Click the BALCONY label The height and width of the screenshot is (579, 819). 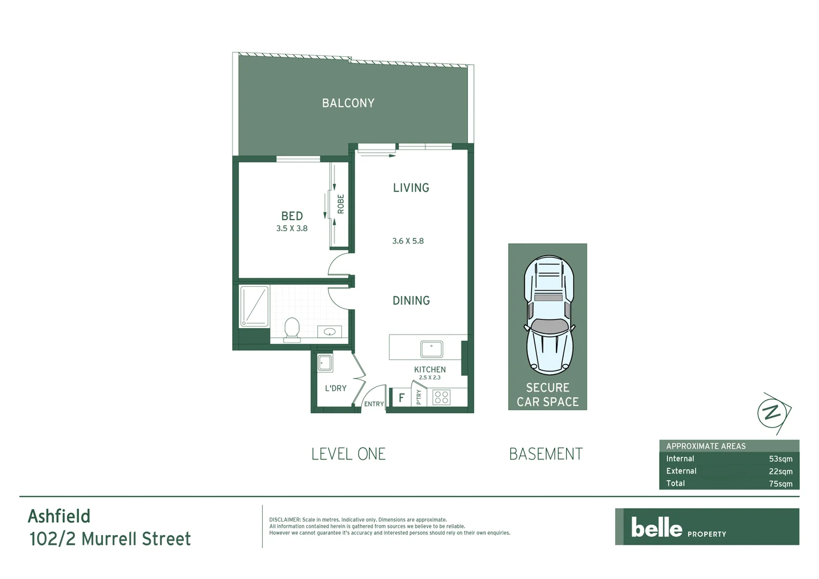click(x=348, y=103)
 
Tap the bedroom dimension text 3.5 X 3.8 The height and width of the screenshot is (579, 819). click(x=292, y=228)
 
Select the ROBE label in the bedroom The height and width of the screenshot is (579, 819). click(x=341, y=204)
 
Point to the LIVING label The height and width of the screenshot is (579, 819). click(x=411, y=188)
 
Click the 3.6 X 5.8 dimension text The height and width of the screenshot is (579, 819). click(x=408, y=241)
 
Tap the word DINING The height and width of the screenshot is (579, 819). click(x=411, y=301)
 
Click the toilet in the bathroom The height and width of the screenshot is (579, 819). click(x=292, y=328)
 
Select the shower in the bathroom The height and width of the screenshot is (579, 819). click(x=254, y=306)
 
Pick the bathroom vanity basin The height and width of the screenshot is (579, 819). click(x=329, y=332)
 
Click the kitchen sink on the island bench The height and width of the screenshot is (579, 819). click(x=431, y=348)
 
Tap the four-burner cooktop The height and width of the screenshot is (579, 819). click(x=442, y=397)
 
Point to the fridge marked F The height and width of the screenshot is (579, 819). click(x=401, y=398)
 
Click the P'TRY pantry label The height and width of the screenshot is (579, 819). click(x=419, y=397)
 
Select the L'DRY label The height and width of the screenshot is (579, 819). click(x=336, y=388)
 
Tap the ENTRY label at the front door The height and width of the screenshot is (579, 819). click(x=374, y=404)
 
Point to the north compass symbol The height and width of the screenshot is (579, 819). click(x=772, y=413)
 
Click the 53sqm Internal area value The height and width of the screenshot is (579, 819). click(x=780, y=459)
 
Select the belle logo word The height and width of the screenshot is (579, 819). click(x=657, y=528)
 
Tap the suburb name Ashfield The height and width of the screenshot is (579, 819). click(x=59, y=516)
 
